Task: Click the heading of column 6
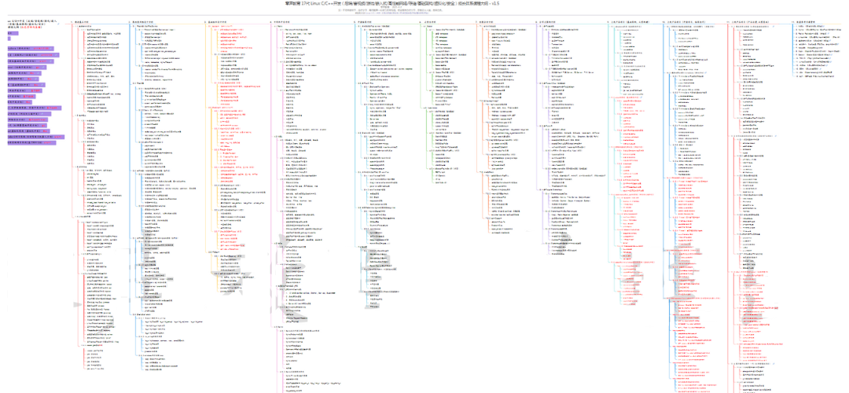click(433, 21)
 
